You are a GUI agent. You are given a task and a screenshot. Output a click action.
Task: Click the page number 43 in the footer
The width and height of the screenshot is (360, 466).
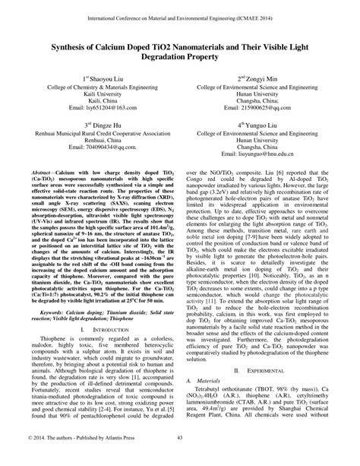coord(179,457)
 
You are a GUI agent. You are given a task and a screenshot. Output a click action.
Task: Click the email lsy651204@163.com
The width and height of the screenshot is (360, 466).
coord(102,107)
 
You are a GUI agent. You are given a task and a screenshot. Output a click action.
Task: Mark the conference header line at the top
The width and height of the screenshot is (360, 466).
coord(179,14)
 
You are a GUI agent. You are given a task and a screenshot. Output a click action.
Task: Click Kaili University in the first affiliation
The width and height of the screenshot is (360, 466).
coord(102,93)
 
